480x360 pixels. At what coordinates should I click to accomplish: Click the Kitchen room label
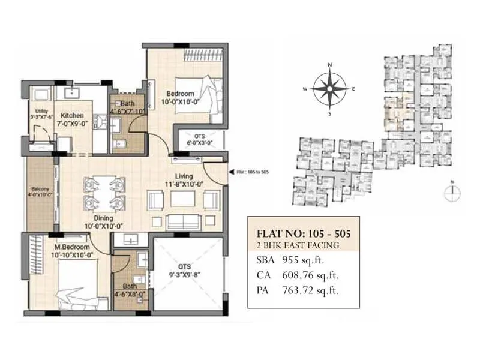click(x=72, y=115)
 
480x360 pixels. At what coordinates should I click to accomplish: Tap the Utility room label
click(x=41, y=112)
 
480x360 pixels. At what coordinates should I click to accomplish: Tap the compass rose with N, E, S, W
click(x=329, y=89)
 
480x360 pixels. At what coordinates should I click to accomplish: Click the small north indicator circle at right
click(x=453, y=192)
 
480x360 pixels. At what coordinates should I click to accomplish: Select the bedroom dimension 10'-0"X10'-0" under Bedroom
click(x=179, y=103)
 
